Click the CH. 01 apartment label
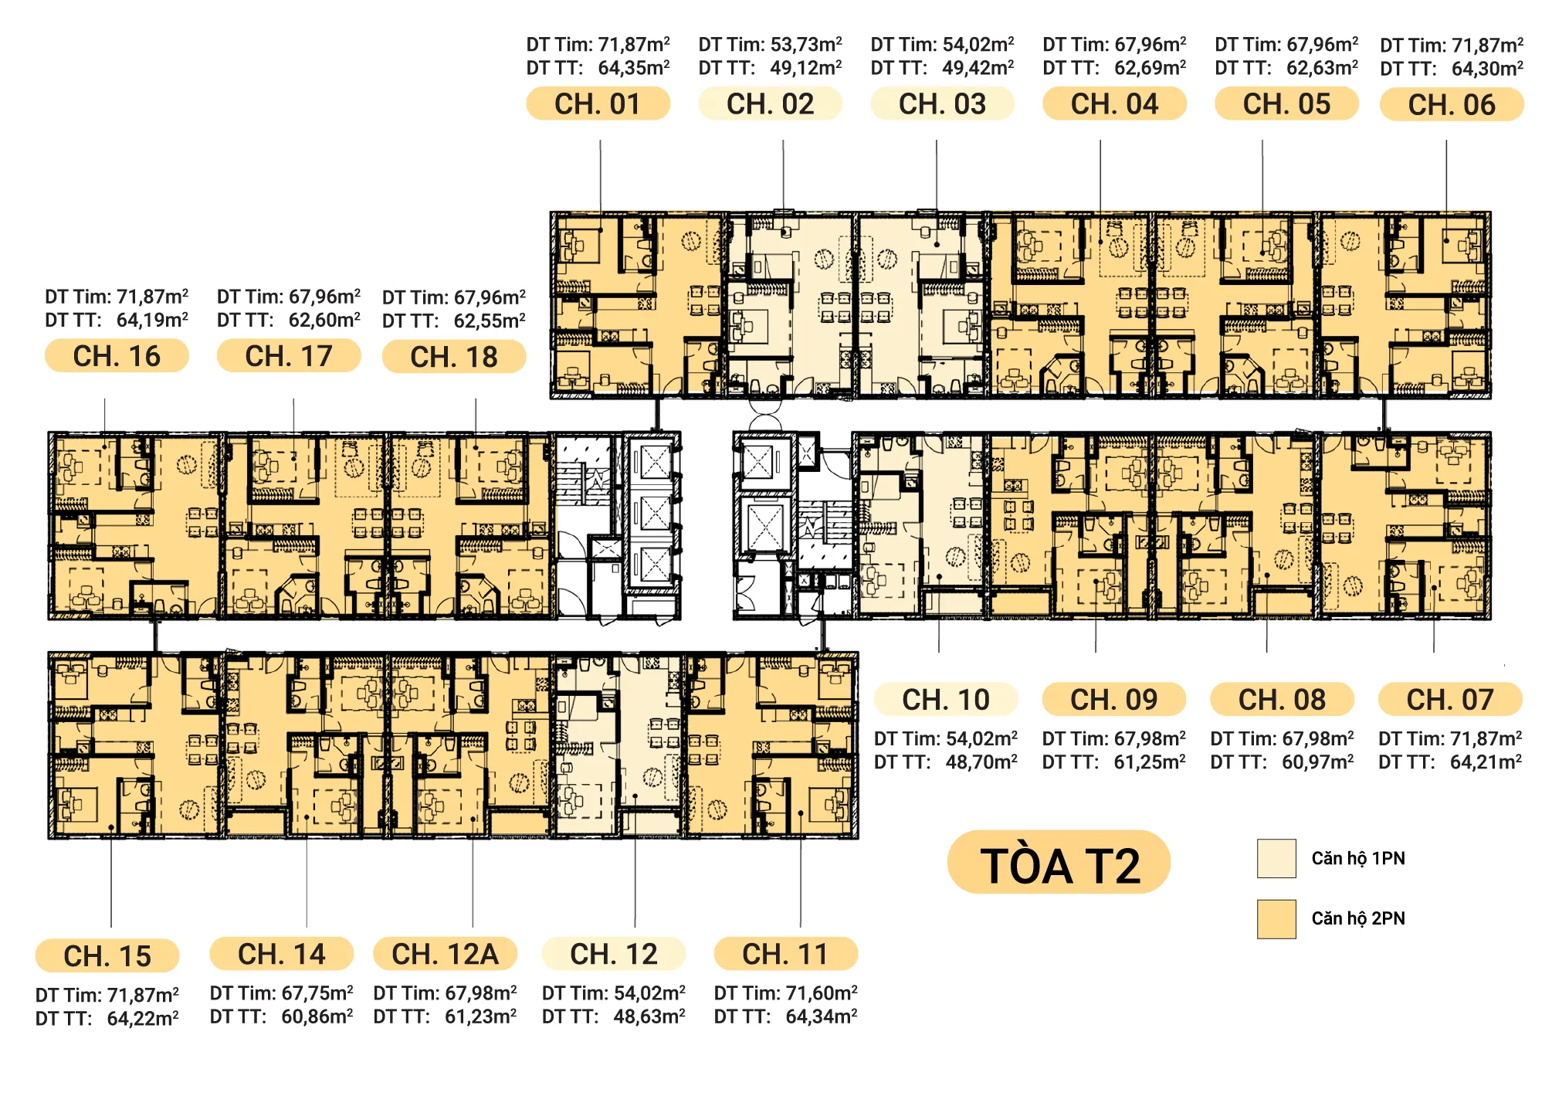pos(598,103)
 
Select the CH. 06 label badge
pos(1452,104)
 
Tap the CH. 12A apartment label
pos(445,954)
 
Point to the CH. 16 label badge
pos(117,356)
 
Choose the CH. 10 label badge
pos(946,700)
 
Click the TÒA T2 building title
pos(1059,865)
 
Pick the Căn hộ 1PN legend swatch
pos(1276,858)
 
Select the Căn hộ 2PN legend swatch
pos(1276,918)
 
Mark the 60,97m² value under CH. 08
pos(1318,762)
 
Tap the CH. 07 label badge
pos(1450,700)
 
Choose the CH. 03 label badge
pos(942,103)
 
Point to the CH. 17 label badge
pos(289,356)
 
